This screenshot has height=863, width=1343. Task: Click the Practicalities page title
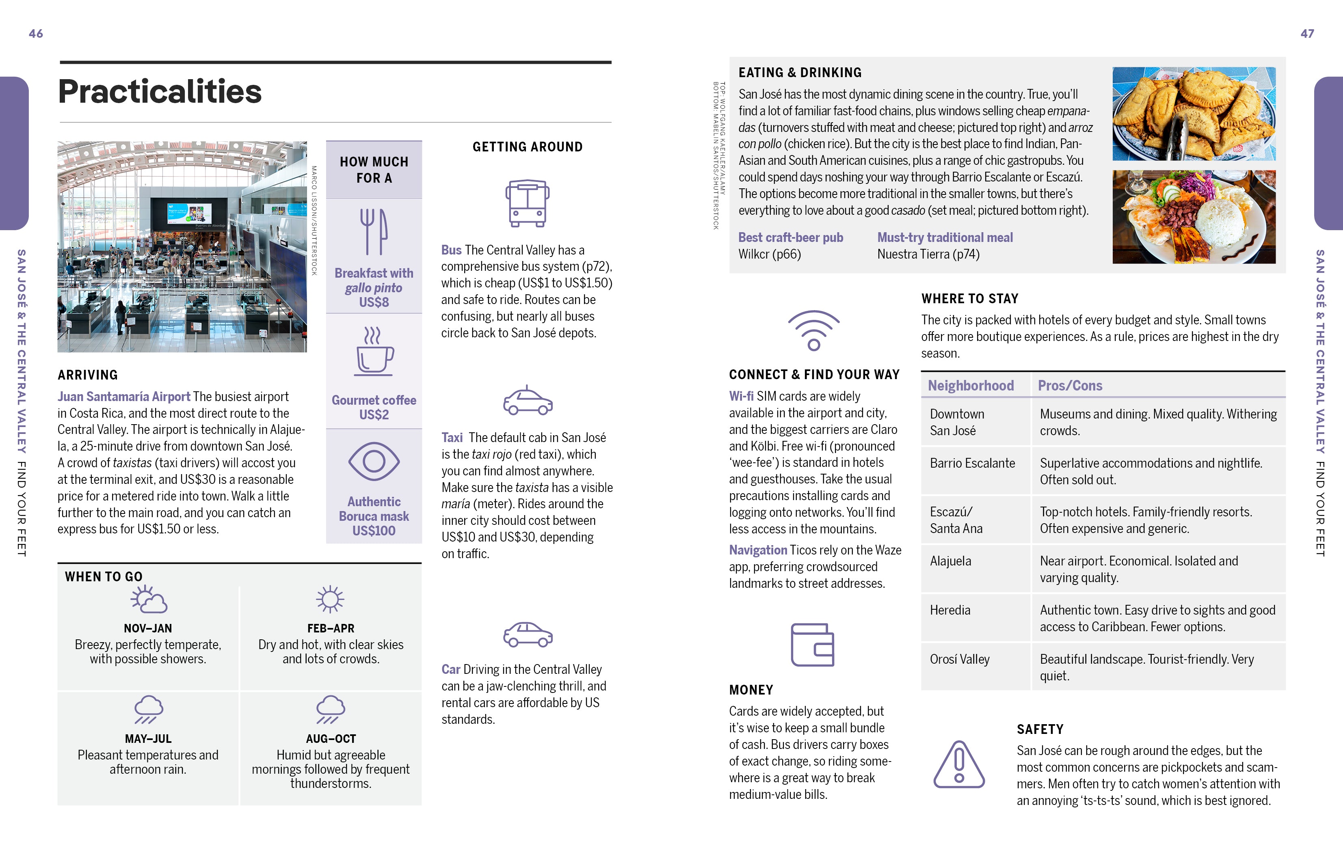(x=160, y=91)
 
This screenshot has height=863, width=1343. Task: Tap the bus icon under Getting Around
(x=527, y=203)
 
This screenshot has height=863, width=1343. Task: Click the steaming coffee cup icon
(x=374, y=352)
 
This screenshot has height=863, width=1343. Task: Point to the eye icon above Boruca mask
(x=374, y=461)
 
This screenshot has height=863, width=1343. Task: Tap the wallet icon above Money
(x=812, y=645)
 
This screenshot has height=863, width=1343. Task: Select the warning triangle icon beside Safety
(x=958, y=765)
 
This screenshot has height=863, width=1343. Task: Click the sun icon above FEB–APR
(x=330, y=599)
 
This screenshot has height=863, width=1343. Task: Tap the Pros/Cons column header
(x=1069, y=386)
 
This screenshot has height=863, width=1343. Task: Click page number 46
(x=36, y=34)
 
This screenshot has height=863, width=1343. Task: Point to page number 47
(x=1307, y=34)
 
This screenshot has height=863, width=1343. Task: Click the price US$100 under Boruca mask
(x=374, y=531)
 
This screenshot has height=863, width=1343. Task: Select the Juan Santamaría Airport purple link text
(x=124, y=397)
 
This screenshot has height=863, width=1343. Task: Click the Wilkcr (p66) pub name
(x=770, y=255)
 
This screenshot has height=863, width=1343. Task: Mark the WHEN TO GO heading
(x=104, y=577)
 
